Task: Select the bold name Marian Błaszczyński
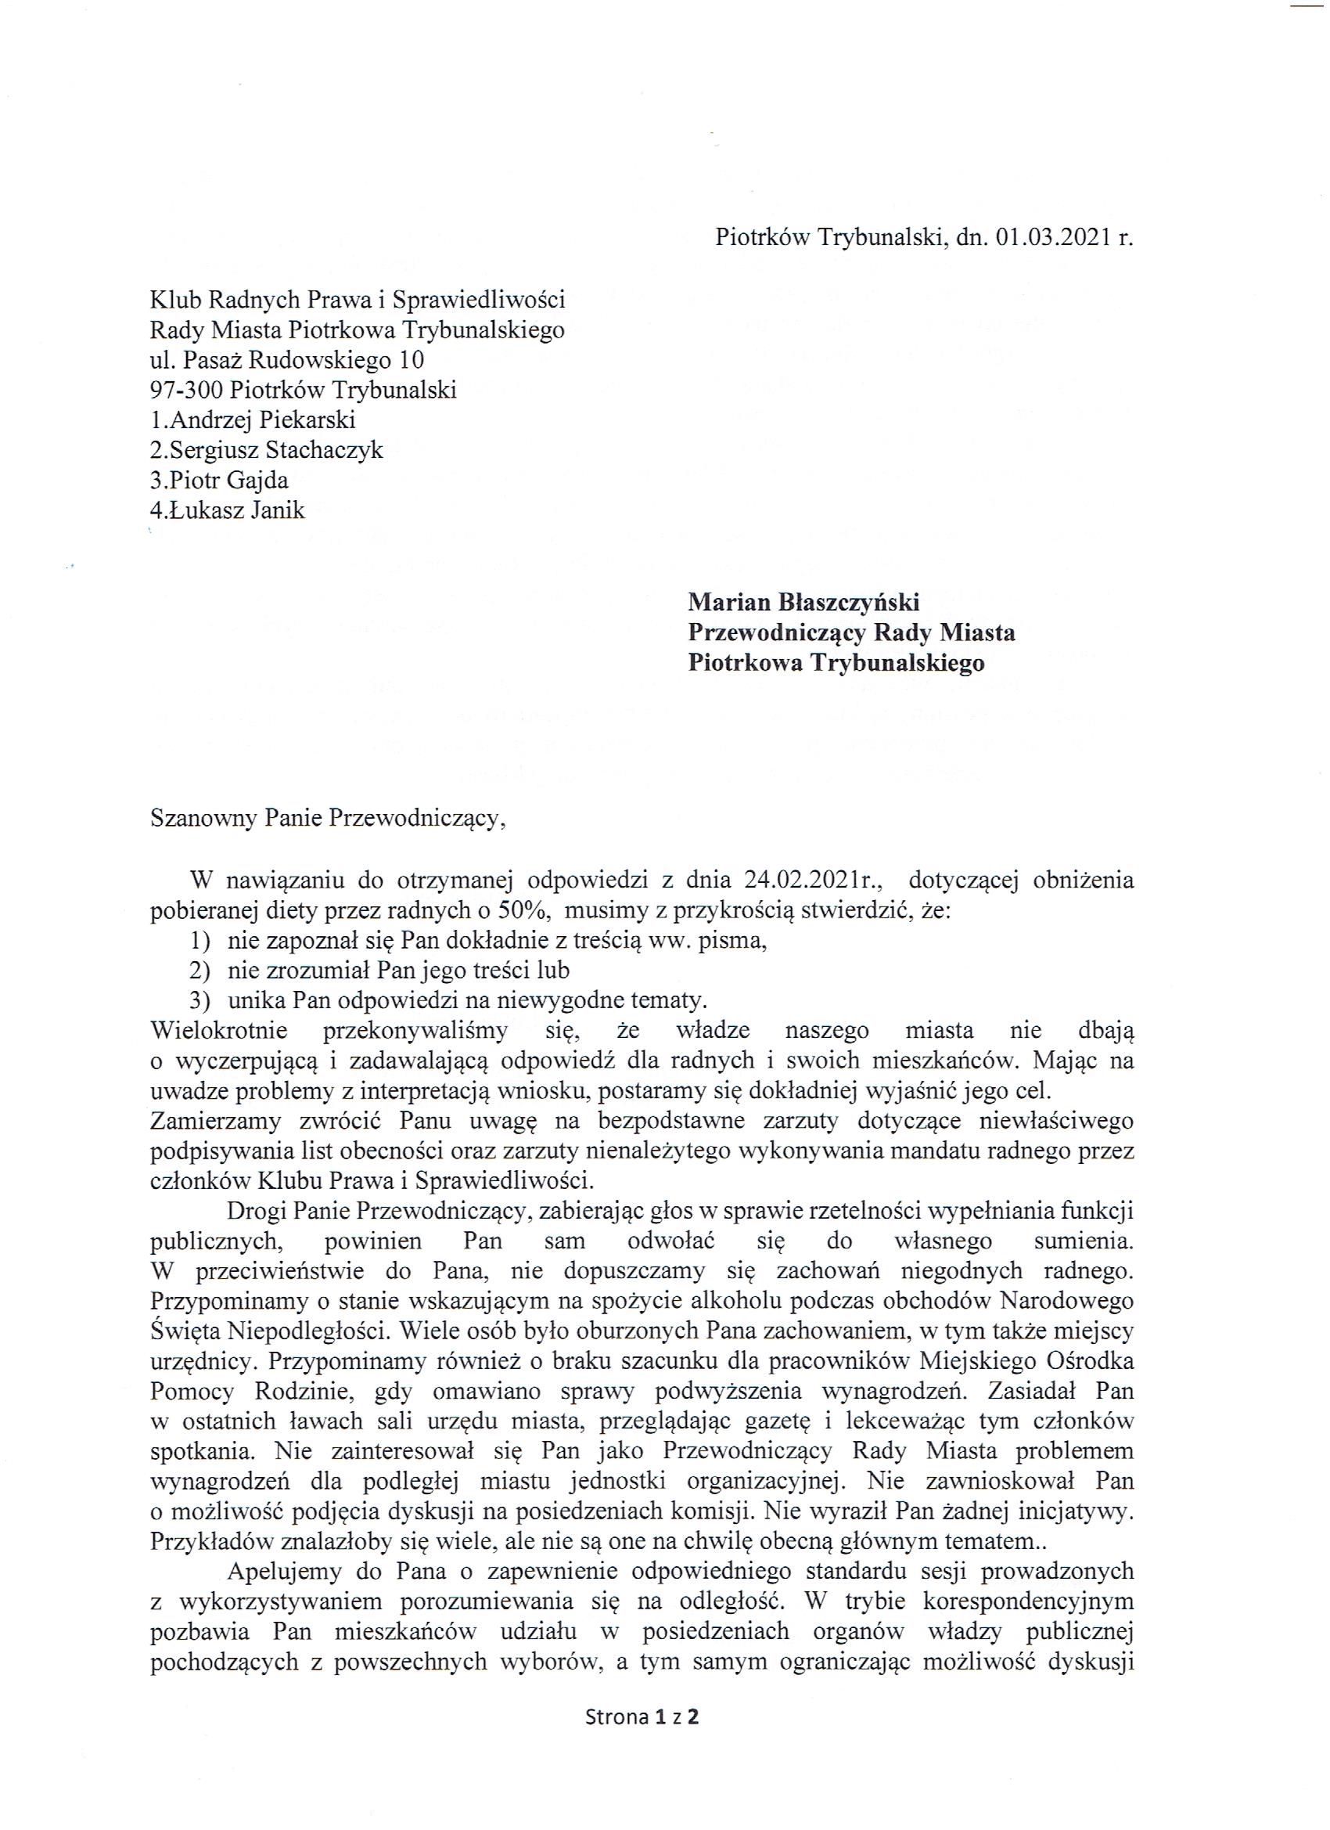(x=803, y=602)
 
